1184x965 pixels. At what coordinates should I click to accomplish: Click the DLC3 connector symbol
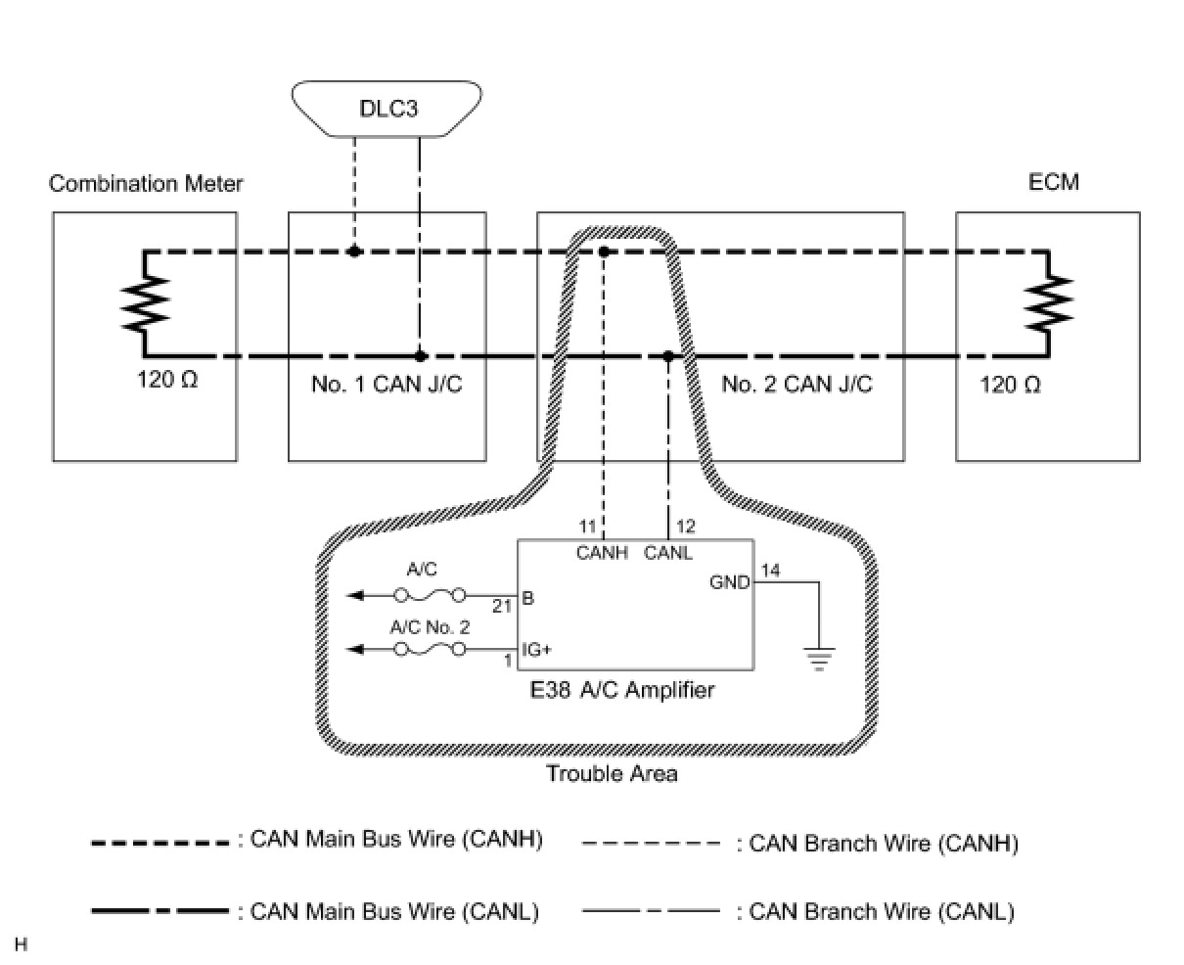[387, 109]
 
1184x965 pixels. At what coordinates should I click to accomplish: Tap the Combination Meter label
[146, 183]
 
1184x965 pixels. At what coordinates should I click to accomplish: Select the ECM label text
[1054, 182]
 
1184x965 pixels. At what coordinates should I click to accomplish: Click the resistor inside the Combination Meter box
[145, 302]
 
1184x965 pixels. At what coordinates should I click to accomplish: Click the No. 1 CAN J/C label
[387, 384]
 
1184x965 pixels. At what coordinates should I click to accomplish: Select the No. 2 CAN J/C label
[797, 384]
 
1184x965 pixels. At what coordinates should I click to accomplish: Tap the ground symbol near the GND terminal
[818, 659]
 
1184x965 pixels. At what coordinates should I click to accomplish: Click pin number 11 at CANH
[587, 526]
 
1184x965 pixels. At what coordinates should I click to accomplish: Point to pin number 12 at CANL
[685, 526]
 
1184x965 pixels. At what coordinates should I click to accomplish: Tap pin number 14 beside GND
[770, 571]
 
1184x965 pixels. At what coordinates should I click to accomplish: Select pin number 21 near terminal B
[502, 607]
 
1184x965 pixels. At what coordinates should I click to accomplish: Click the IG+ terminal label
[536, 649]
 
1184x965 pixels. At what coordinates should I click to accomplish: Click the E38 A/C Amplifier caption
[622, 690]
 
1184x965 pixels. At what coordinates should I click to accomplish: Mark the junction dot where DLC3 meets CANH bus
[354, 252]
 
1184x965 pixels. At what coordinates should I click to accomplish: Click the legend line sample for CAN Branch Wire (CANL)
[651, 911]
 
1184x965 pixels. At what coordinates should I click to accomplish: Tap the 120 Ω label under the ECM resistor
[1010, 385]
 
